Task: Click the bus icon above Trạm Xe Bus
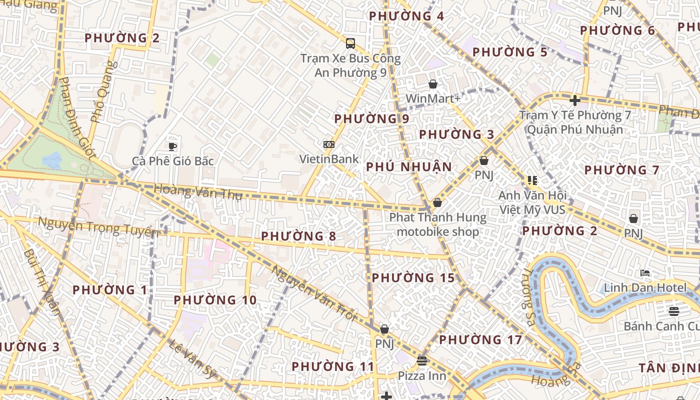tap(350, 43)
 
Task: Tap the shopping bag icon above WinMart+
tap(433, 84)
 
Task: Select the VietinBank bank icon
tap(328, 144)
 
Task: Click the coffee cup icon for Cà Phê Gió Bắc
tap(172, 146)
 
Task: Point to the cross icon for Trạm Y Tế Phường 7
tap(575, 100)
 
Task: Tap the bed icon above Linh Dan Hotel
tap(645, 273)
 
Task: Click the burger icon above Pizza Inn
tap(422, 360)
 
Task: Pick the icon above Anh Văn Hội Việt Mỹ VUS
tap(532, 180)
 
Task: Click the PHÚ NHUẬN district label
tap(409, 167)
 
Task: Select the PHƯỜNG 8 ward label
tap(298, 236)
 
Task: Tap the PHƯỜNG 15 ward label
tap(413, 278)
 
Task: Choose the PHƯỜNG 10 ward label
tap(215, 300)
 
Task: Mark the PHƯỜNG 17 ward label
tap(480, 340)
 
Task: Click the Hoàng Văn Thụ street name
tap(198, 192)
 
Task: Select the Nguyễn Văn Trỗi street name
tap(313, 293)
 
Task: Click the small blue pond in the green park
tap(52, 160)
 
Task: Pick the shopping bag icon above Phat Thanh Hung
tap(437, 202)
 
